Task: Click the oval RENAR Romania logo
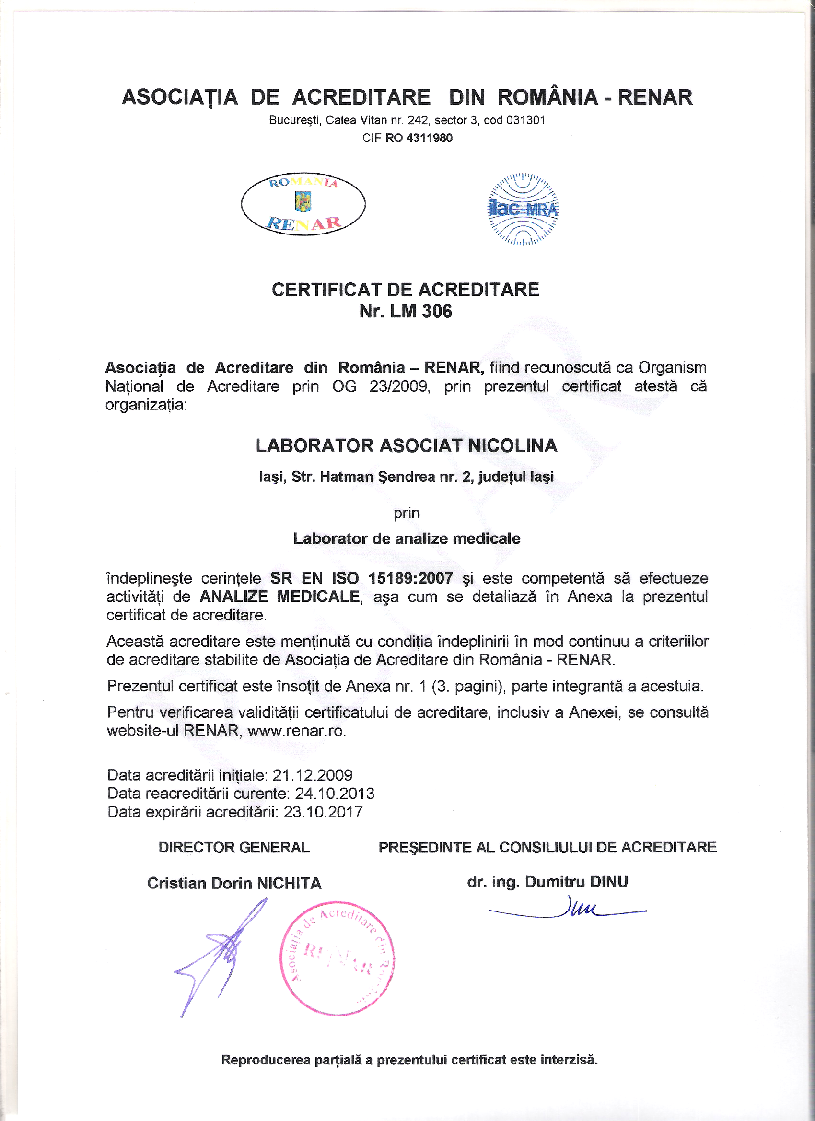[x=303, y=204]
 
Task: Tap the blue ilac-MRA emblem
[x=523, y=209]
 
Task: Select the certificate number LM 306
[x=420, y=311]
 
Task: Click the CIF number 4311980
[x=429, y=138]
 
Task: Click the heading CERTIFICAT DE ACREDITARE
[x=405, y=290]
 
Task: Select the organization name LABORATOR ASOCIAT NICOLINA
[x=406, y=446]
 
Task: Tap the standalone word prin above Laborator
[x=406, y=513]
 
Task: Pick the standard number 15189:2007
[x=410, y=578]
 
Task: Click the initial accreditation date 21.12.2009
[x=313, y=775]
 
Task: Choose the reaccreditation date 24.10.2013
[x=335, y=794]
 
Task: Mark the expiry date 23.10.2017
[x=323, y=812]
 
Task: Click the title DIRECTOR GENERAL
[x=234, y=847]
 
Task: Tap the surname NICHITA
[x=289, y=883]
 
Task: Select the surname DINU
[x=608, y=881]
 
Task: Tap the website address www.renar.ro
[x=296, y=731]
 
